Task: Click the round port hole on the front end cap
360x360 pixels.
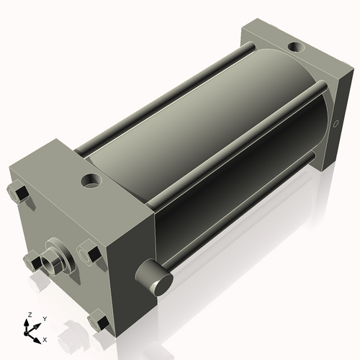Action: click(91, 181)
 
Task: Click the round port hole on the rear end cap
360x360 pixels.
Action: click(296, 47)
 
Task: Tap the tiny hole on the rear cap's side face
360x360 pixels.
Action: click(336, 124)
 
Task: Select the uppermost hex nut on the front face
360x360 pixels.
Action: click(19, 193)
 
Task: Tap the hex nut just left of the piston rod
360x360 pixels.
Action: click(32, 261)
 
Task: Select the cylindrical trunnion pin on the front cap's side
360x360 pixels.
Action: click(154, 276)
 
